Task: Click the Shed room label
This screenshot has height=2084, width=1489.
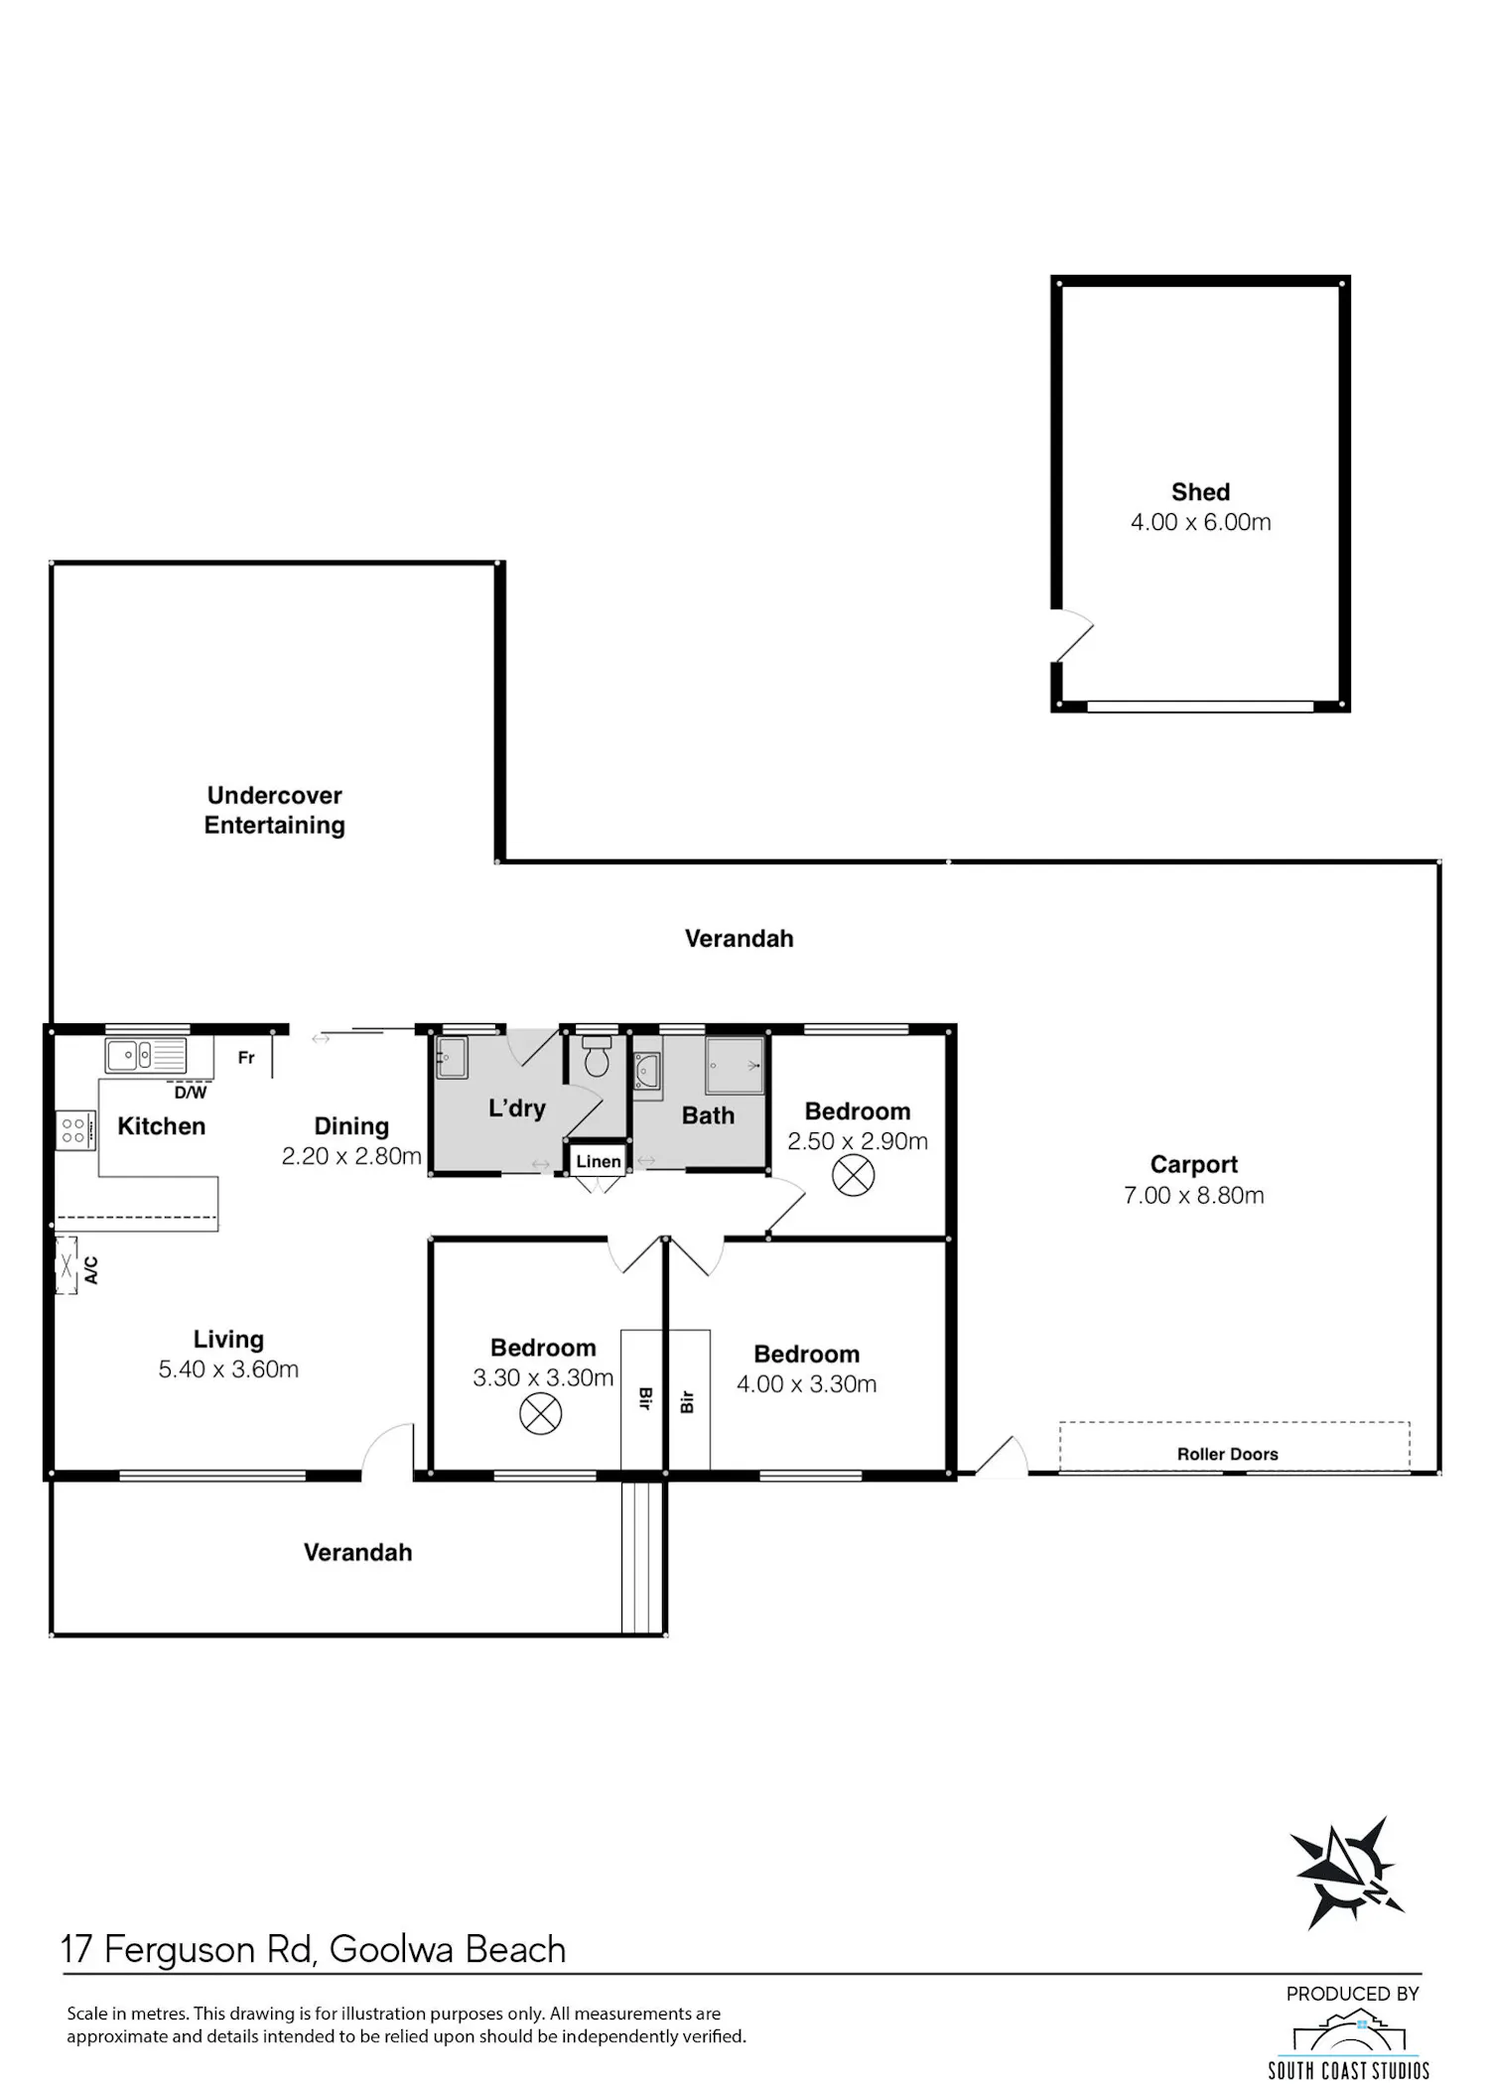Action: point(1200,492)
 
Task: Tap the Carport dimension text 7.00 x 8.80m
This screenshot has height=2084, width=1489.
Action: point(1194,1195)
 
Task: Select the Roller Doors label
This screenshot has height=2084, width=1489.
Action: point(1228,1454)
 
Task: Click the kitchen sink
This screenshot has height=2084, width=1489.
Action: point(146,1055)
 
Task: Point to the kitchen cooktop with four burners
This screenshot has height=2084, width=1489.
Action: point(74,1129)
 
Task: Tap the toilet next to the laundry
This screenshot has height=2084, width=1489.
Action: point(597,1058)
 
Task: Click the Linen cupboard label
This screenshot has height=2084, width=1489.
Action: point(599,1161)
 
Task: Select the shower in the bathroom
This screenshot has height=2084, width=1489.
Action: point(735,1066)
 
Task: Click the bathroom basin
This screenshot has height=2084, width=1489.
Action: point(647,1073)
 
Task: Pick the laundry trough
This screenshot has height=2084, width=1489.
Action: point(452,1058)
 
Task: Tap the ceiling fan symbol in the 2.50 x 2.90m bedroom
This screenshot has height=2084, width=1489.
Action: point(853,1177)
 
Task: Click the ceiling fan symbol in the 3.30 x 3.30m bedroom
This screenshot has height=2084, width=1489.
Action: point(541,1413)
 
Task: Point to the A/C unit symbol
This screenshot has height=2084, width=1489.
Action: point(67,1265)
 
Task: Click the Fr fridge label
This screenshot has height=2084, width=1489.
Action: point(246,1058)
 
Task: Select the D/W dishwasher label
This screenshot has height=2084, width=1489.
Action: point(191,1093)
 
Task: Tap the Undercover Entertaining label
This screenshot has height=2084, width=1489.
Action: point(275,810)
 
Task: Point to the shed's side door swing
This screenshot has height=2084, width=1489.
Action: point(1073,635)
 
